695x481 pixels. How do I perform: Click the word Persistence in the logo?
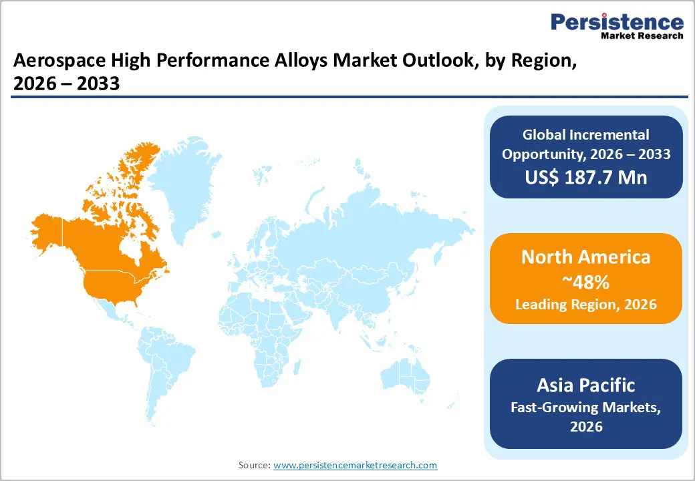[617, 22]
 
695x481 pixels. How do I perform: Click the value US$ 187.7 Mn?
[585, 178]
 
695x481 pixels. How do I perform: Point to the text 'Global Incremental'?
[585, 135]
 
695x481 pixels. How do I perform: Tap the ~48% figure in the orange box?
[585, 282]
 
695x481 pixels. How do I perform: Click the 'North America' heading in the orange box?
[585, 257]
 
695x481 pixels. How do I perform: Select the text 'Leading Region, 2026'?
[585, 305]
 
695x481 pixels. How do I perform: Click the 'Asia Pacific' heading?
[585, 385]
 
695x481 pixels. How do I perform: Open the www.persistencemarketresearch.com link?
[355, 465]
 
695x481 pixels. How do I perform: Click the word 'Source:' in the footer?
[255, 465]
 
